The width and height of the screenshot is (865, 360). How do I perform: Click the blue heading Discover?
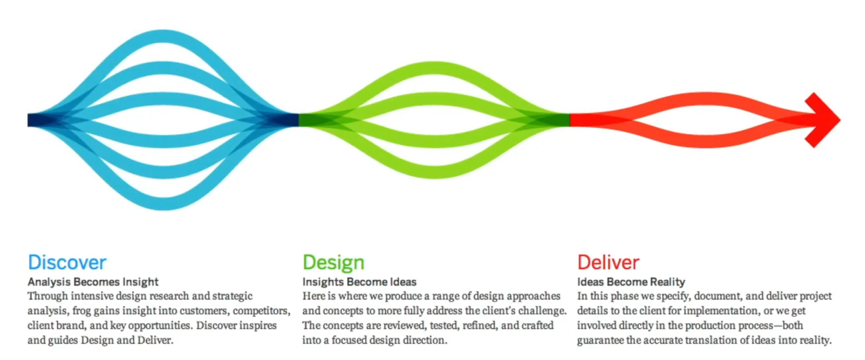(67, 262)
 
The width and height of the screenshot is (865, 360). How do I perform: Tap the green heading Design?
(333, 263)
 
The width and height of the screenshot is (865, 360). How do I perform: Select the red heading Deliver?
(608, 262)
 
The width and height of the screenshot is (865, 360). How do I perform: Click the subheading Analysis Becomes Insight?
(93, 282)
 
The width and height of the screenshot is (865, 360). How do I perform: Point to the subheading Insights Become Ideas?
(359, 282)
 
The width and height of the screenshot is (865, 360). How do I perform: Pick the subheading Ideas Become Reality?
(631, 282)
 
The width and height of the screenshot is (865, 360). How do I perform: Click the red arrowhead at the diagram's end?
(824, 120)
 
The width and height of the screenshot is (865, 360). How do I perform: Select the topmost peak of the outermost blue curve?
(163, 36)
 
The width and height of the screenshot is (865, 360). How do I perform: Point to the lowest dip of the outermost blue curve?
(163, 204)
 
